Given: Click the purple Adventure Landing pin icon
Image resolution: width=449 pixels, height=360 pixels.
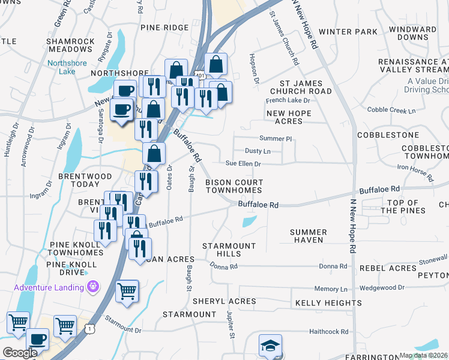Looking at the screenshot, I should tap(92, 287).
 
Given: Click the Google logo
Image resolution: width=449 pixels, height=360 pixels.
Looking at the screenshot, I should tap(20, 353).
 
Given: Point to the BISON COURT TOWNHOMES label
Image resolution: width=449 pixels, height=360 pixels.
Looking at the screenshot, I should tap(234, 186).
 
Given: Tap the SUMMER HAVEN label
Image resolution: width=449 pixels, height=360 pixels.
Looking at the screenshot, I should tap(308, 236).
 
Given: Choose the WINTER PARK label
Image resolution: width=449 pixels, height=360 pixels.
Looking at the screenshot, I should tap(348, 32).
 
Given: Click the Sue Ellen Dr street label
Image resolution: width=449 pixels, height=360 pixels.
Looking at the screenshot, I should tap(243, 163).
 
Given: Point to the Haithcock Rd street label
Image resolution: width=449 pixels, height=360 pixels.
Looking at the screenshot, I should tap(328, 331).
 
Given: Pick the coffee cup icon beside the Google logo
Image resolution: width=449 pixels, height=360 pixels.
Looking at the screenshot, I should tap(37, 340).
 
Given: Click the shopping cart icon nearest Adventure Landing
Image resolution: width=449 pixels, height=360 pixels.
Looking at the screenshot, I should tap(127, 292).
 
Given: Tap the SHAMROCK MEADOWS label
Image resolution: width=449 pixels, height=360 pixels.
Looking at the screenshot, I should tap(71, 45).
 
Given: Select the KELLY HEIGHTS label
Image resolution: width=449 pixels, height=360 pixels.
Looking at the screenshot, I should tap(328, 303).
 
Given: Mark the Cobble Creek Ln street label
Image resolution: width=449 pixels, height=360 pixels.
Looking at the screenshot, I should tap(391, 110).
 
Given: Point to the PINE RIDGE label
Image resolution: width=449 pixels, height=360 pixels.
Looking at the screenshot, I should tap(164, 28).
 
